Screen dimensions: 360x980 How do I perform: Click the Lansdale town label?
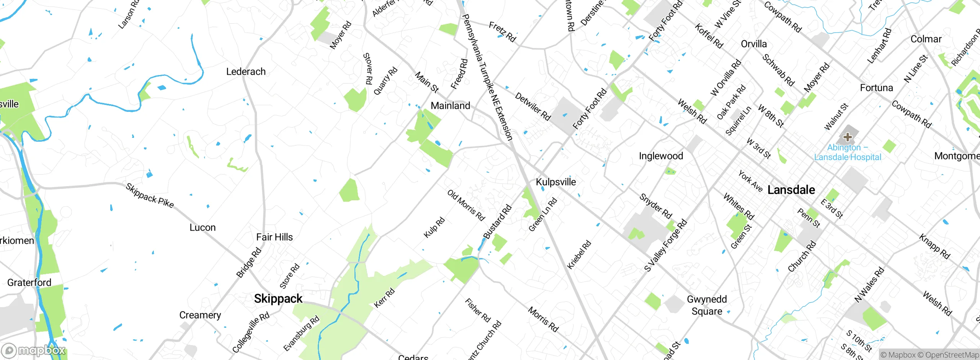791,190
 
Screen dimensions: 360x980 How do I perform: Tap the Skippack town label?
278,299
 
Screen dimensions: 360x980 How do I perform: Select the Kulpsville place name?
555,182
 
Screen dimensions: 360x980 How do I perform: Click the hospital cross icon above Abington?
848,137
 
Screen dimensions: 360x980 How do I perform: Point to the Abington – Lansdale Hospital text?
848,152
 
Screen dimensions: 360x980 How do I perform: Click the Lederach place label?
246,72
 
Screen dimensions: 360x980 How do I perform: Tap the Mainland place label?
450,106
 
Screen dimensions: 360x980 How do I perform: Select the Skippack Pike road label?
150,196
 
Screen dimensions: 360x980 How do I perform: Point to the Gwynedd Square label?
707,305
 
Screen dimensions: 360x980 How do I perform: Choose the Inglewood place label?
661,156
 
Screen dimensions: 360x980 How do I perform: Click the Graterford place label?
29,283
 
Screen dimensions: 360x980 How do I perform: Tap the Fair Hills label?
274,237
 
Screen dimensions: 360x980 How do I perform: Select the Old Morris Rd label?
466,205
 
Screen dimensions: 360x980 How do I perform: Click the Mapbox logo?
34,350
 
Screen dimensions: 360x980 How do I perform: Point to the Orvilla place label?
754,44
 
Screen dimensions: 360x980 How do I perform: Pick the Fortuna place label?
876,88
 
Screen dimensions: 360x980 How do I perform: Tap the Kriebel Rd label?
579,255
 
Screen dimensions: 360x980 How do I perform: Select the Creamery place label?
200,315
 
